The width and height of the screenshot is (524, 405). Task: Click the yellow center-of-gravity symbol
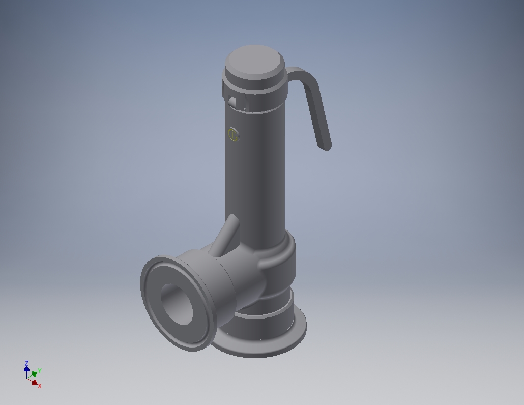point(234,135)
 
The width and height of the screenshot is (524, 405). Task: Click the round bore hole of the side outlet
point(177,304)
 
